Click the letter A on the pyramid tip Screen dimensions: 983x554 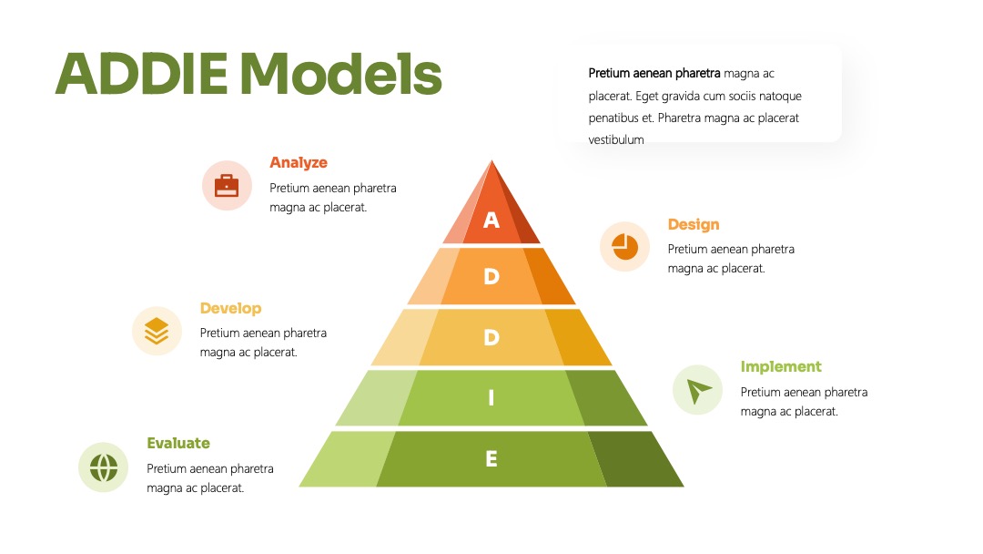coord(491,221)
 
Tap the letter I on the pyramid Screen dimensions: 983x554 coord(491,398)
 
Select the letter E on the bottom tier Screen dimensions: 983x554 coord(491,458)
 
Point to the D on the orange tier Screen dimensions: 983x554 coord(491,276)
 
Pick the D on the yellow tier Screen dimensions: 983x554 coord(491,337)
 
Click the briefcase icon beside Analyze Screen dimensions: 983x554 coord(227,185)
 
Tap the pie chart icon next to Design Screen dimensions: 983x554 coord(624,247)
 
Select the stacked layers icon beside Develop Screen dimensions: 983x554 coord(157,331)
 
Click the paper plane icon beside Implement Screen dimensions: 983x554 coord(698,390)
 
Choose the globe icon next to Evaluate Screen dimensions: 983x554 coord(104,467)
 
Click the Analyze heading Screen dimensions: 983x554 coord(299,162)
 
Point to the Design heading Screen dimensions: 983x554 coord(694,225)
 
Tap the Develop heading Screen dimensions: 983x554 coord(230,308)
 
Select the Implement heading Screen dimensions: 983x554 coord(781,367)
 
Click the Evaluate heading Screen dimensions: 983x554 coord(178,443)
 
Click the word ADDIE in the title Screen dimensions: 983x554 coord(142,74)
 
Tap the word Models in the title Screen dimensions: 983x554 coord(341,74)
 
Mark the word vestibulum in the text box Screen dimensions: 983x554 coord(616,140)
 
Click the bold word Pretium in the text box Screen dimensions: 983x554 coord(609,74)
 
